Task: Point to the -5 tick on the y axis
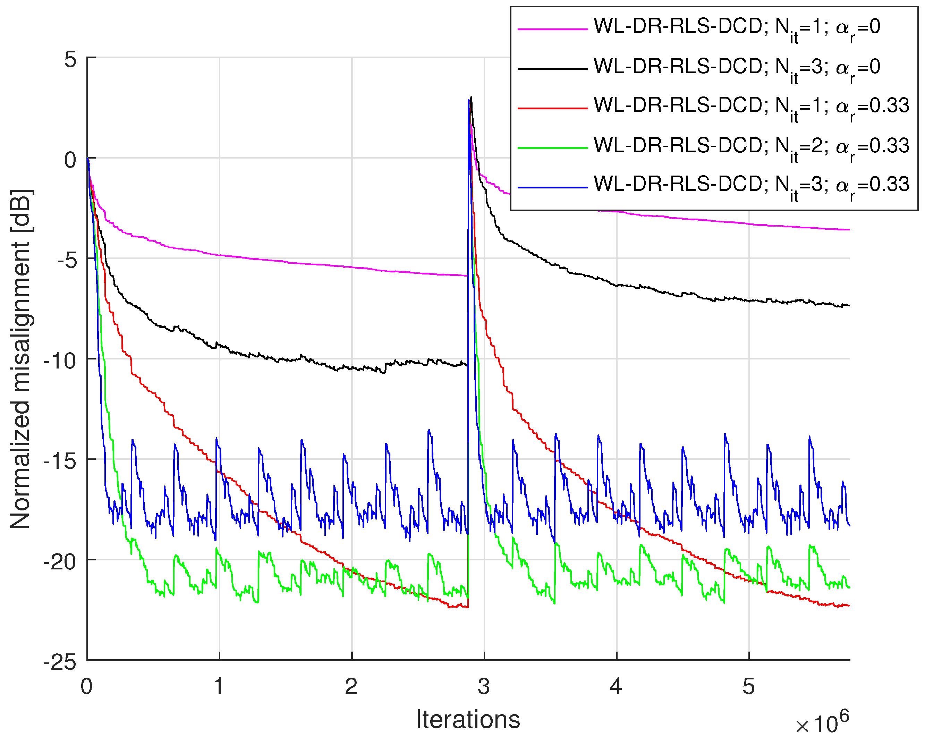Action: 67,260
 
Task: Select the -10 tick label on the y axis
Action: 60,361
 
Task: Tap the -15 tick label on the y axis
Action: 60,461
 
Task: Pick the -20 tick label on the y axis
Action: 60,561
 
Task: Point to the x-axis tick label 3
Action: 484,686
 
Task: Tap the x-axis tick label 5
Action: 748,686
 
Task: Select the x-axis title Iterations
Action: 468,719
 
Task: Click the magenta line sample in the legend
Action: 553,29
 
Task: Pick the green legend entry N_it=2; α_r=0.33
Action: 751,146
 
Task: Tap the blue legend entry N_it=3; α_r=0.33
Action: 751,185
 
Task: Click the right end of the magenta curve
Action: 849,230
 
